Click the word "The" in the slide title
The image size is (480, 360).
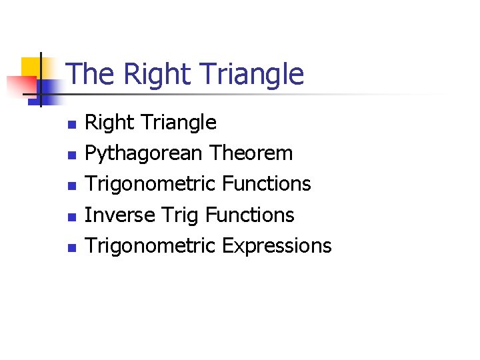tap(87, 74)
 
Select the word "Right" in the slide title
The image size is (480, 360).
tap(145, 74)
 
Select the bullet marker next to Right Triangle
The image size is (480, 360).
tap(73, 124)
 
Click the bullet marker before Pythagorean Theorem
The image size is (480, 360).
tap(73, 155)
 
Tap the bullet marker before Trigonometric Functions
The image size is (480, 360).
tap(73, 185)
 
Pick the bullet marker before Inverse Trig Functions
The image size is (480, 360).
tap(73, 216)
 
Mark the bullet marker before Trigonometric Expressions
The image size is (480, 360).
tap(73, 247)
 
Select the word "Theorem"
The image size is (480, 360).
tap(251, 153)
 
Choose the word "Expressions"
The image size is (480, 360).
tap(277, 246)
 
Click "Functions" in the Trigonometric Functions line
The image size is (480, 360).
tap(267, 184)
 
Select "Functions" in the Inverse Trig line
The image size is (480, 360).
tap(250, 215)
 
